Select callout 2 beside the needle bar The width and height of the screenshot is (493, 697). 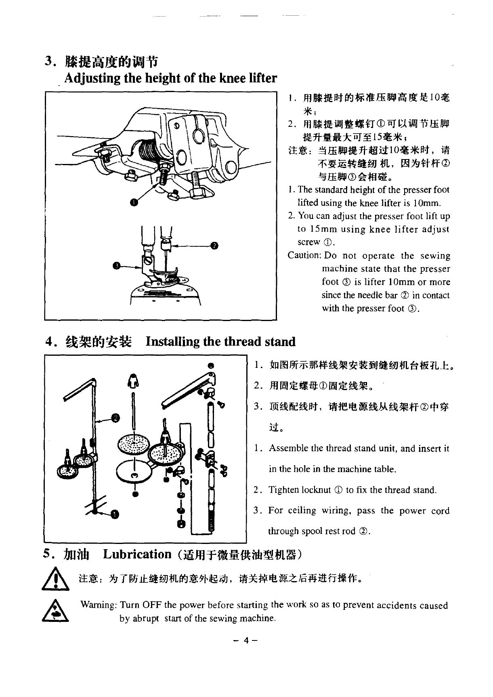click(x=214, y=245)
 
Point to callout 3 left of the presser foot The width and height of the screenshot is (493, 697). click(x=116, y=265)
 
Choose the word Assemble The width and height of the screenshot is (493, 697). click(x=288, y=448)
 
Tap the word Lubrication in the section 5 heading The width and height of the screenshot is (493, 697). click(x=137, y=554)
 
